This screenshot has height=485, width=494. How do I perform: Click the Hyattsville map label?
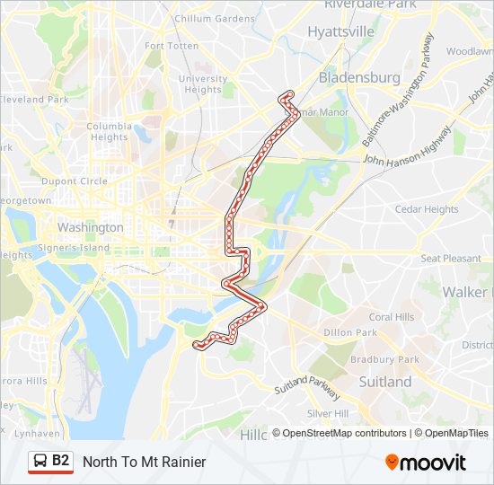pos(340,31)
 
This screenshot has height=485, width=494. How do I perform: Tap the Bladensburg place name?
pos(359,78)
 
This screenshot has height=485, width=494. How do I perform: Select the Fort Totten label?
pos(171,46)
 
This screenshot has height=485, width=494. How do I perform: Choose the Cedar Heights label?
pos(427,209)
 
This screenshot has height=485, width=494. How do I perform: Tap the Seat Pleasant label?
pos(451,259)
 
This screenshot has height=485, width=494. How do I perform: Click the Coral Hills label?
pos(392,317)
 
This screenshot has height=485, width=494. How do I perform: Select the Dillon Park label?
pos(350,332)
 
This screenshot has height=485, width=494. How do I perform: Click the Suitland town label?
pos(384,382)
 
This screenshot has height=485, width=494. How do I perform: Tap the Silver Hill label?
pos(327,413)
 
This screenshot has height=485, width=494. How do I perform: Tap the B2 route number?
pos(61,461)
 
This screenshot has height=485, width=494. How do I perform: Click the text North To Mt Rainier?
pos(144,462)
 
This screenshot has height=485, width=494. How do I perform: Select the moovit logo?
pos(426,462)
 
